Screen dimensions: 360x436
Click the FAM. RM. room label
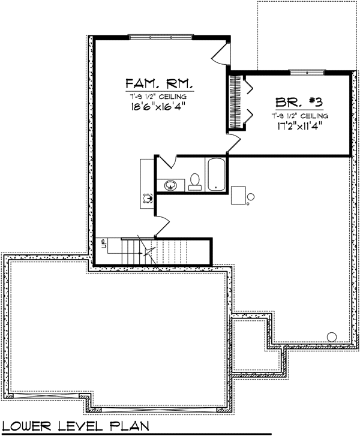pos(160,83)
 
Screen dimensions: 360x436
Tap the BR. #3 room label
pos(299,103)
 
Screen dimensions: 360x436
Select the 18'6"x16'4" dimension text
pos(158,107)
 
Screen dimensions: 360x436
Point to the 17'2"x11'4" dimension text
pos(299,126)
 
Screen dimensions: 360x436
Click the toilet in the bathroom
pos(194,182)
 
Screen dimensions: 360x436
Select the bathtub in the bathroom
pos(216,175)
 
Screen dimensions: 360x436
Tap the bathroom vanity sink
pos(170,185)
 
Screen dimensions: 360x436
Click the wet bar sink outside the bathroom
pos(147,198)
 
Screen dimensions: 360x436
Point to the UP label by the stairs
pos(104,243)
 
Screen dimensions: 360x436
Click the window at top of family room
pos(161,37)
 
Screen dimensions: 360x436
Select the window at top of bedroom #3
pos(307,73)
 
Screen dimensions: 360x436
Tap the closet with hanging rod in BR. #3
pos(236,101)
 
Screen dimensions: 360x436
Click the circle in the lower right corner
pos(332,337)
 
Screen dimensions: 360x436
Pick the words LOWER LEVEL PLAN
pos(75,426)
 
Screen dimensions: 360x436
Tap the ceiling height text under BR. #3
pos(299,116)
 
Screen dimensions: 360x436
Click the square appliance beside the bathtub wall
pos(238,195)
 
